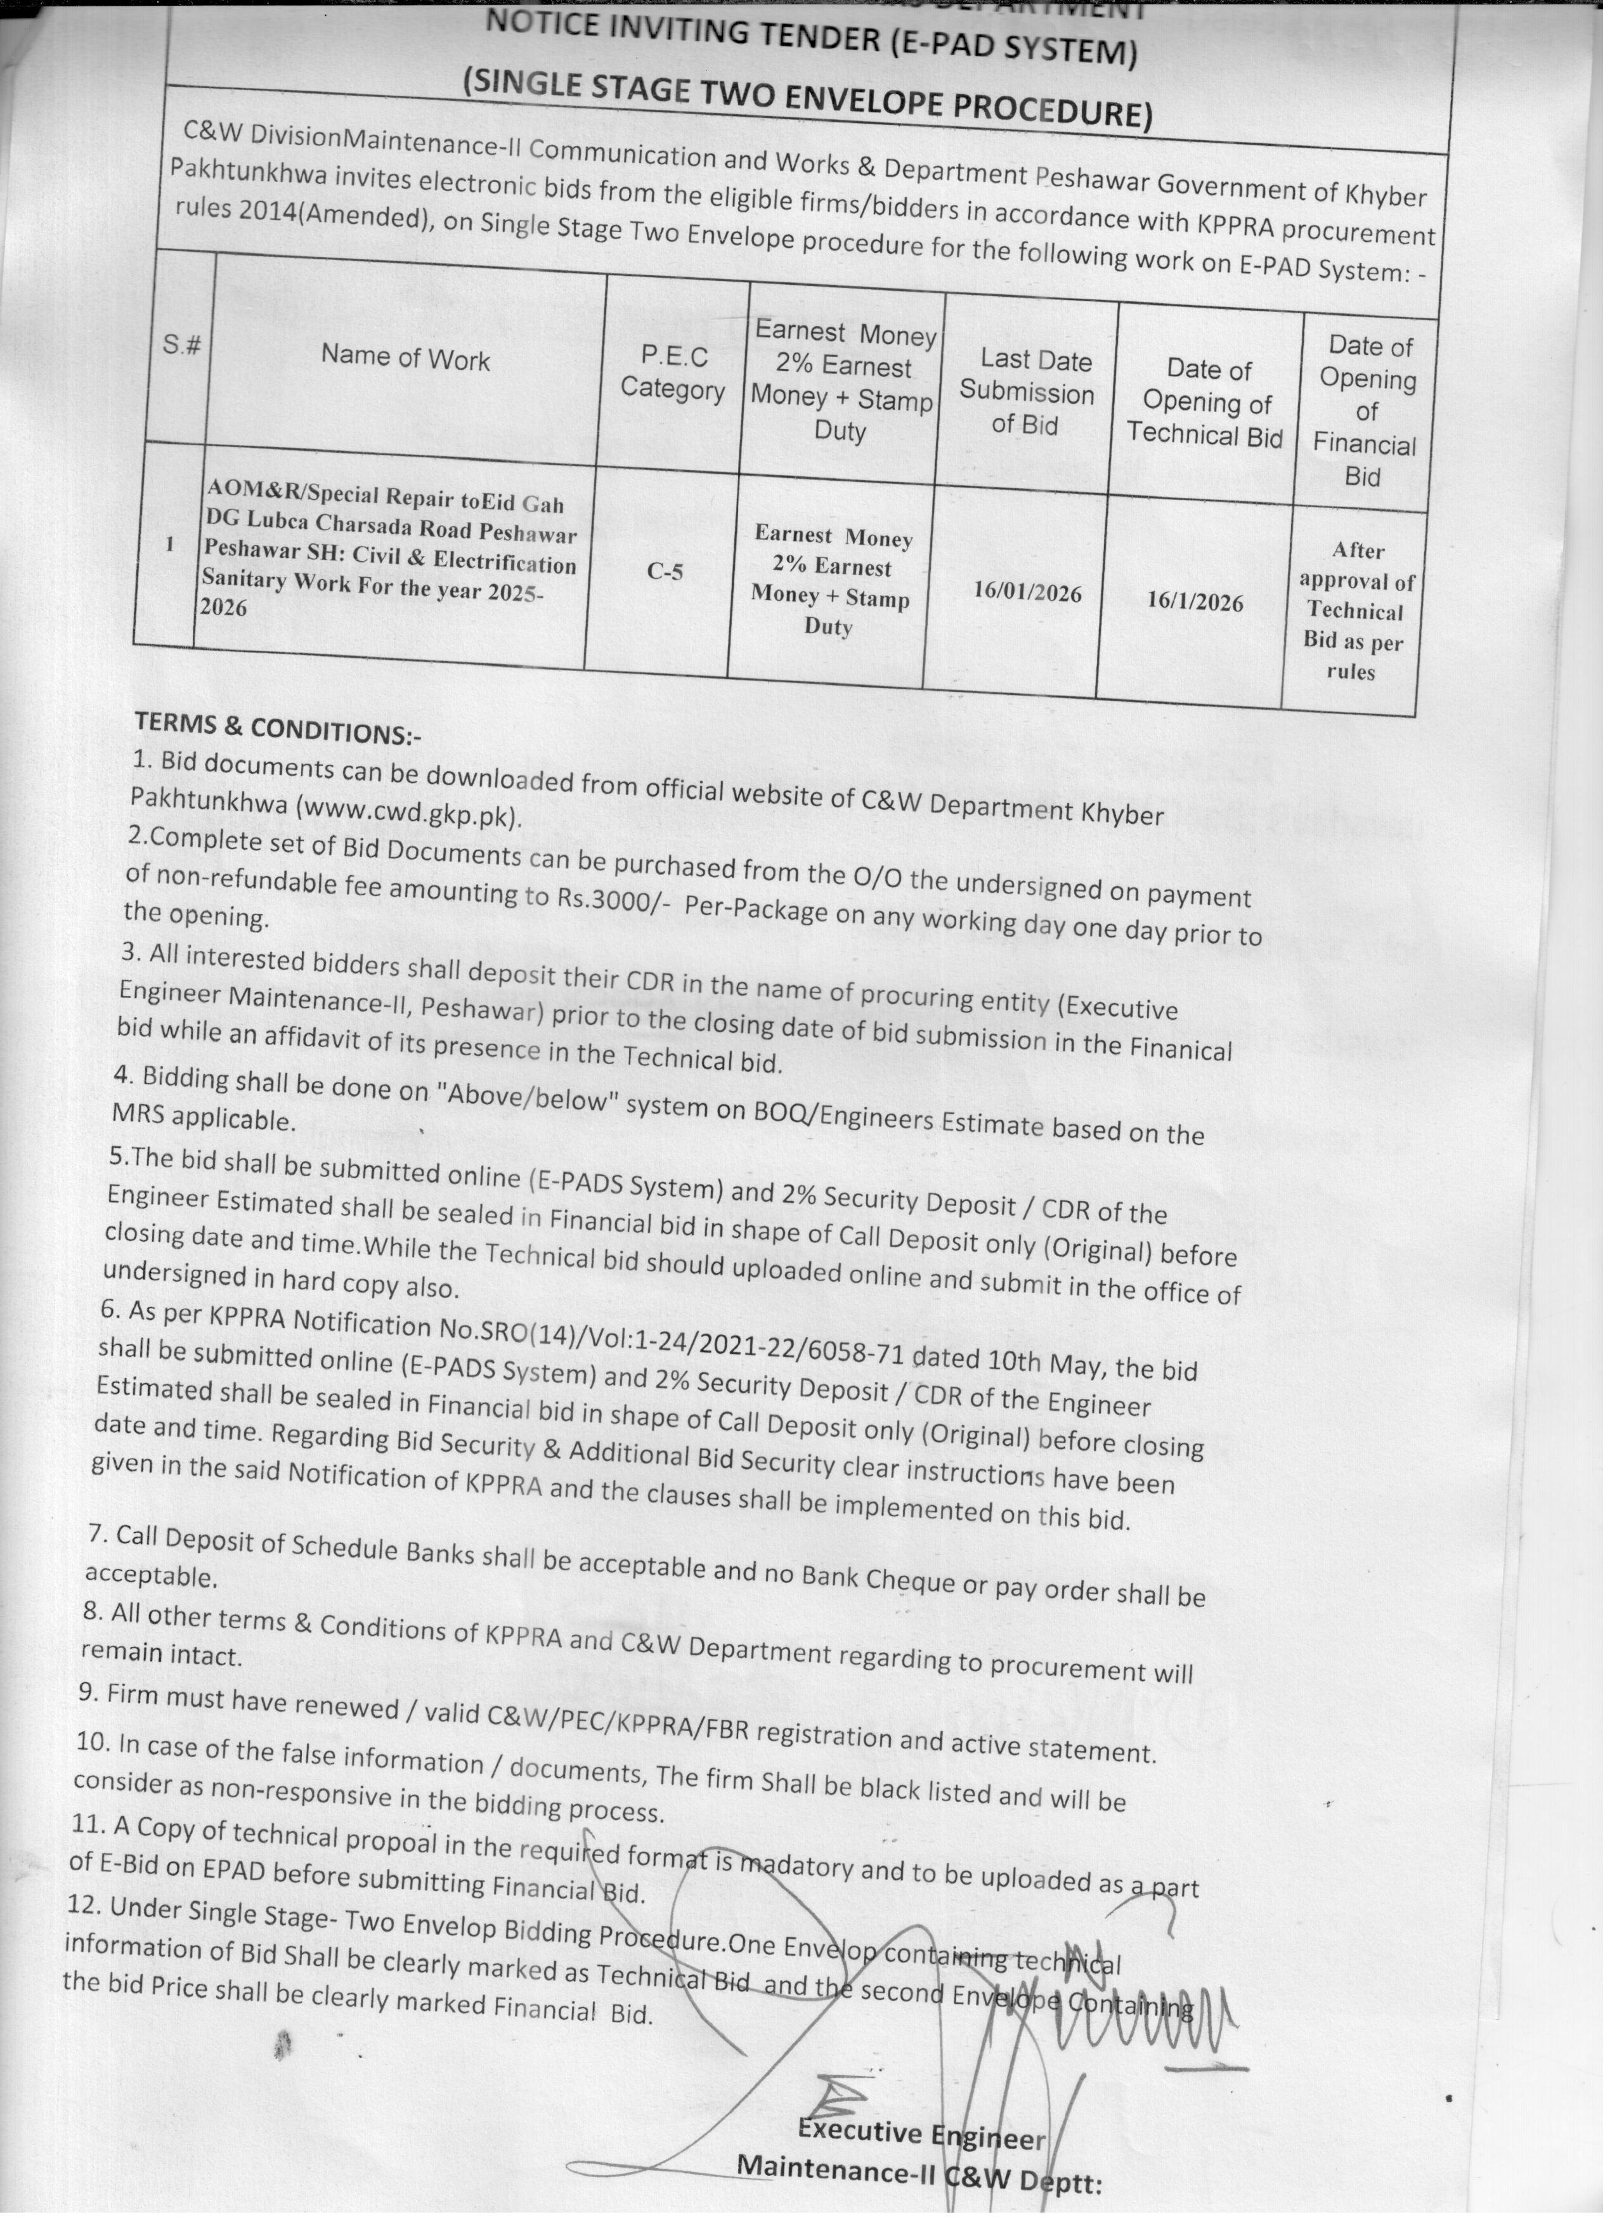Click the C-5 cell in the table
point(665,571)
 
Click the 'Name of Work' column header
point(405,359)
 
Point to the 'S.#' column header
point(183,345)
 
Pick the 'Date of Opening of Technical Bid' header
point(1205,402)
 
